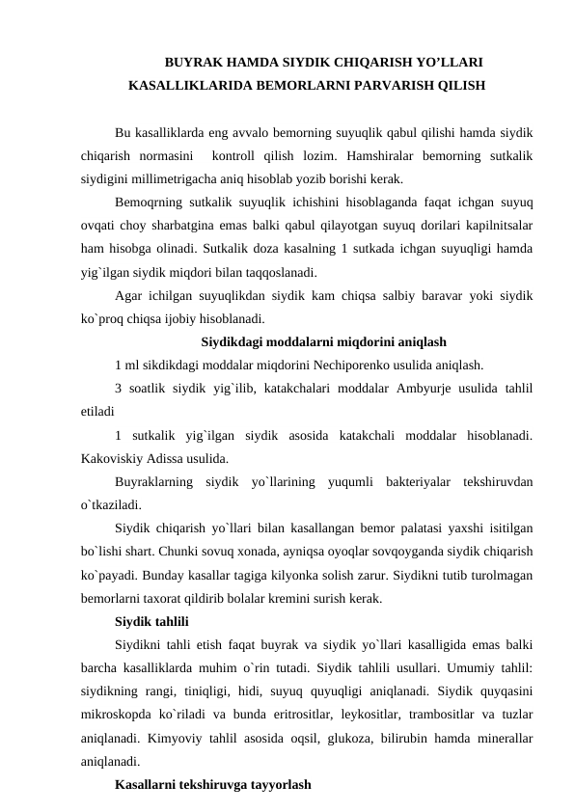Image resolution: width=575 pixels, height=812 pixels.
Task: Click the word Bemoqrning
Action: click(148, 203)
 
